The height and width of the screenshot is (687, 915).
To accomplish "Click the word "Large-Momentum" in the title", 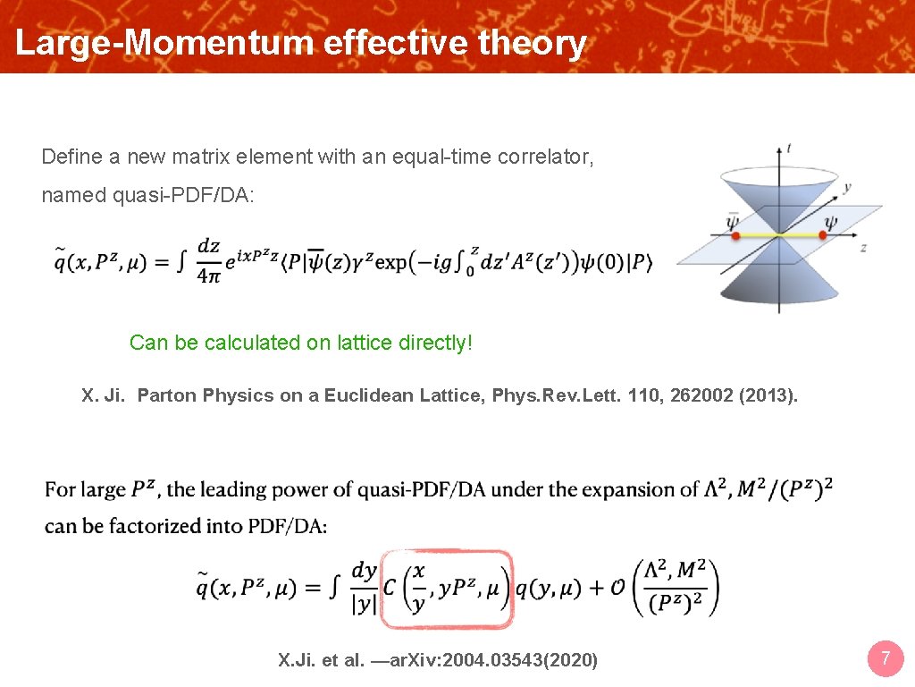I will pos(164,42).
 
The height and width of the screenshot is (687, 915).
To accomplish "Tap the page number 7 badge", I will pos(885,660).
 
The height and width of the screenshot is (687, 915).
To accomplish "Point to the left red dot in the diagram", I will pos(735,236).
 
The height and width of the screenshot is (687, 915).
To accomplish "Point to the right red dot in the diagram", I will pos(822,236).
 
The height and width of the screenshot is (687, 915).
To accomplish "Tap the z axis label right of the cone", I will pos(863,248).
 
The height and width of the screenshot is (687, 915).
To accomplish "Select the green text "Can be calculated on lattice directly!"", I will pos(300,343).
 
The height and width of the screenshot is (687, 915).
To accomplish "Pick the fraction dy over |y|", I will pos(364,587).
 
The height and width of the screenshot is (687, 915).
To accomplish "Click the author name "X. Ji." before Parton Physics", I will pos(104,395).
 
